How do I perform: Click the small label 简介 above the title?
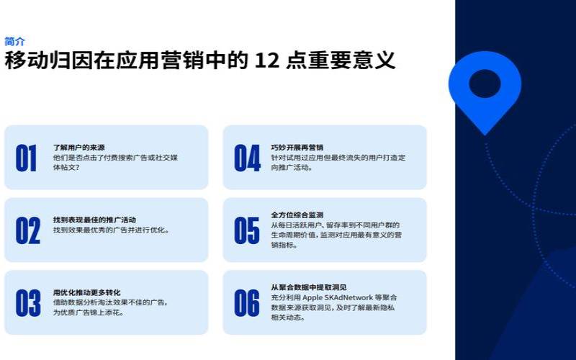(14, 41)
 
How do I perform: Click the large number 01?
(27, 158)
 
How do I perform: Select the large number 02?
(28, 230)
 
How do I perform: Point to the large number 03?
(28, 302)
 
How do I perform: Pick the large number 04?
(247, 158)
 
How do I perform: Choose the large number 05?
(247, 230)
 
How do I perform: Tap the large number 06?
(247, 302)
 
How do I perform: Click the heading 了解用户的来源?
(79, 147)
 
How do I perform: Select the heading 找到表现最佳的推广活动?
(94, 219)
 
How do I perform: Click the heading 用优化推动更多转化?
(86, 292)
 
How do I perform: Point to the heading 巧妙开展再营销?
(297, 147)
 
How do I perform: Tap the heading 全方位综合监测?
(297, 215)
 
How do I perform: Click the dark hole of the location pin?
(485, 84)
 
